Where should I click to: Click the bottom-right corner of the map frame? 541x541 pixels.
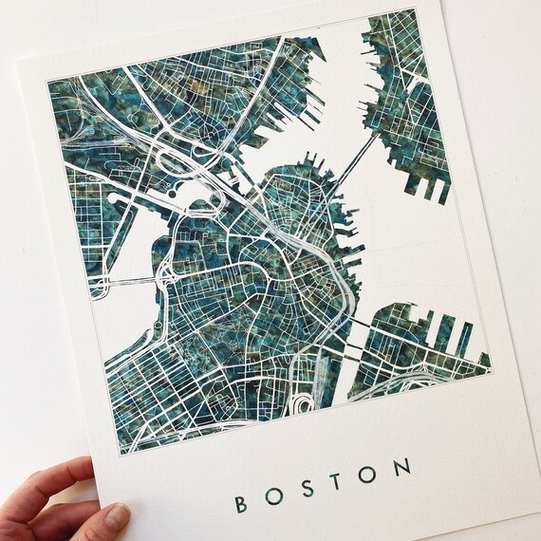point(493,369)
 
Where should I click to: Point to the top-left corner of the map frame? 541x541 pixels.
point(47,78)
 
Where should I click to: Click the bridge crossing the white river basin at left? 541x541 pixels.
point(128,281)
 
